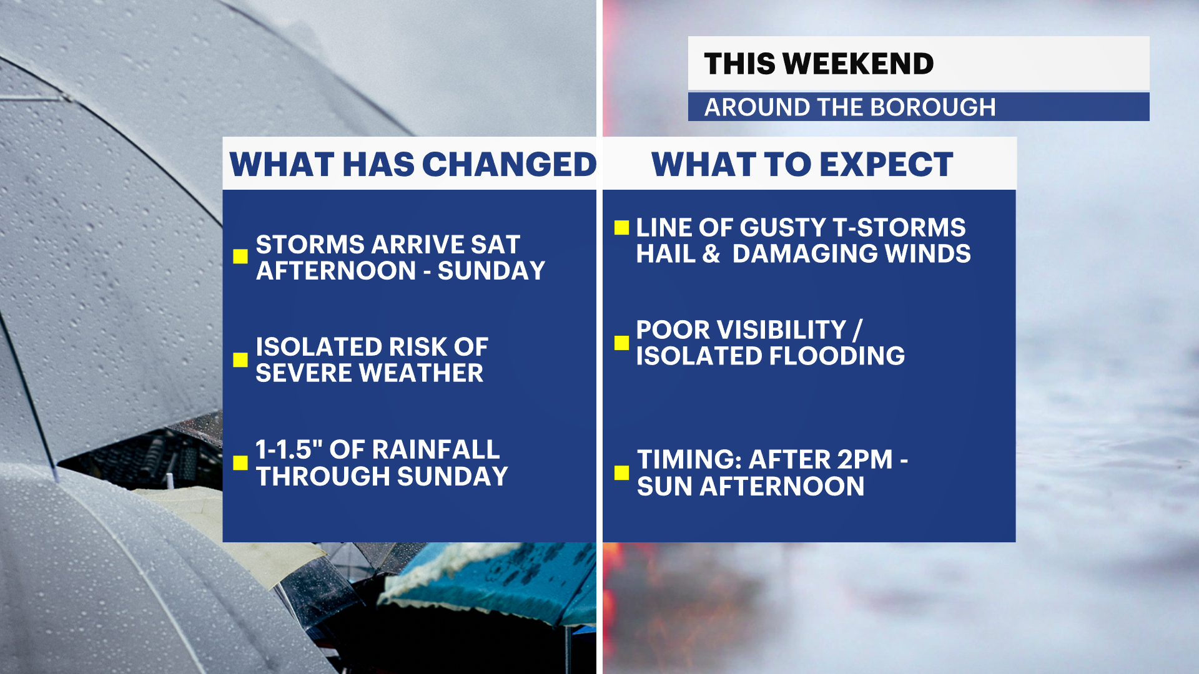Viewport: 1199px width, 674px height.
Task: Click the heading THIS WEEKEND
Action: pyautogui.click(x=819, y=64)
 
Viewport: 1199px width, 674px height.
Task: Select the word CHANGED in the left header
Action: pyautogui.click(x=510, y=165)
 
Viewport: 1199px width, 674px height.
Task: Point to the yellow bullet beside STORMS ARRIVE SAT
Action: pyautogui.click(x=240, y=256)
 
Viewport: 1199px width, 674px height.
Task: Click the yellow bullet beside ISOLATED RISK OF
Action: pyautogui.click(x=240, y=359)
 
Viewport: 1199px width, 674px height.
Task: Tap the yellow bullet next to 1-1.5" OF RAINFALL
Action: pyautogui.click(x=240, y=462)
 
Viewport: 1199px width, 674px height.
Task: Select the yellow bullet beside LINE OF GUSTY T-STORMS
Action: pyautogui.click(x=621, y=227)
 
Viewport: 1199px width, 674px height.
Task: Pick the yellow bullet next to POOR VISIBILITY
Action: pyautogui.click(x=621, y=343)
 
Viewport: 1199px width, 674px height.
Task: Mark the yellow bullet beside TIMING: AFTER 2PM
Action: pyautogui.click(x=621, y=472)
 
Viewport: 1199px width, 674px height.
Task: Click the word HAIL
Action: pyautogui.click(x=666, y=254)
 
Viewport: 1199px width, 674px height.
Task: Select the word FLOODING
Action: pyautogui.click(x=837, y=356)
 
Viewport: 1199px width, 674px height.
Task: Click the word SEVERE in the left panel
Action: pyautogui.click(x=304, y=373)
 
